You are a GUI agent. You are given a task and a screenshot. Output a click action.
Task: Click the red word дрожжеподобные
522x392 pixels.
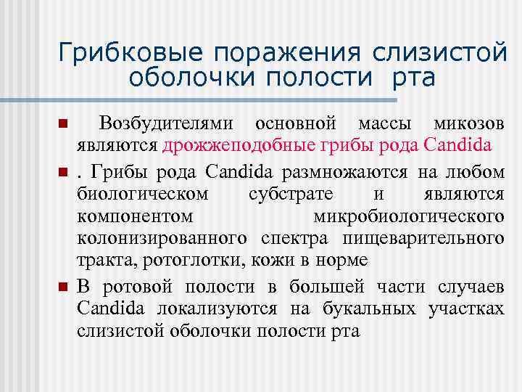click(222, 145)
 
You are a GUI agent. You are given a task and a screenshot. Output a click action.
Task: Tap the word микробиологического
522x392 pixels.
click(408, 216)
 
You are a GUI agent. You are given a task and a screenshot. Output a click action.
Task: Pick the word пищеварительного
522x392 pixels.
click(431, 238)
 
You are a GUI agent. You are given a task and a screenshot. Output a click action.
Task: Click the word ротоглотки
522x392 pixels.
click(192, 259)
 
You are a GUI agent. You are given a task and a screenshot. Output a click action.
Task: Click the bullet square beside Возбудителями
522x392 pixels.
click(64, 123)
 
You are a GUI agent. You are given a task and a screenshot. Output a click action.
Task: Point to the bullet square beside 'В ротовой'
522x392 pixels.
click(64, 287)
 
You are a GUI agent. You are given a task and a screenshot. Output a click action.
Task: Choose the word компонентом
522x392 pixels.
click(136, 216)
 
